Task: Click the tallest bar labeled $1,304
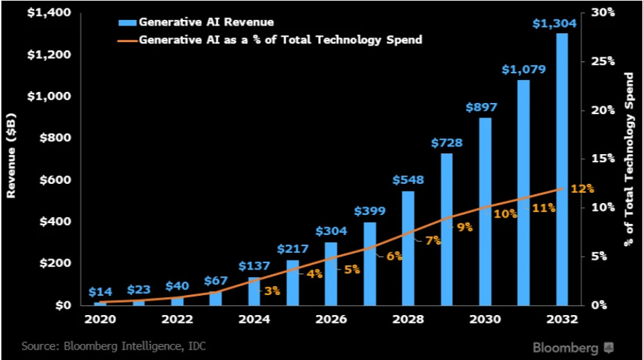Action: (561, 169)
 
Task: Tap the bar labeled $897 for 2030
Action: (485, 211)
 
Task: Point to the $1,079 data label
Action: (523, 69)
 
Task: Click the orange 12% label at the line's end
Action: (581, 188)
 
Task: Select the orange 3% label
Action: (272, 291)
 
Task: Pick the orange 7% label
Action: (433, 240)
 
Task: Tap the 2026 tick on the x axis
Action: (331, 320)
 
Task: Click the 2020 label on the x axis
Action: (100, 320)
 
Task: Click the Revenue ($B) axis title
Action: (12, 159)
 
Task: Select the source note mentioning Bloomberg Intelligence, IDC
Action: (113, 345)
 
